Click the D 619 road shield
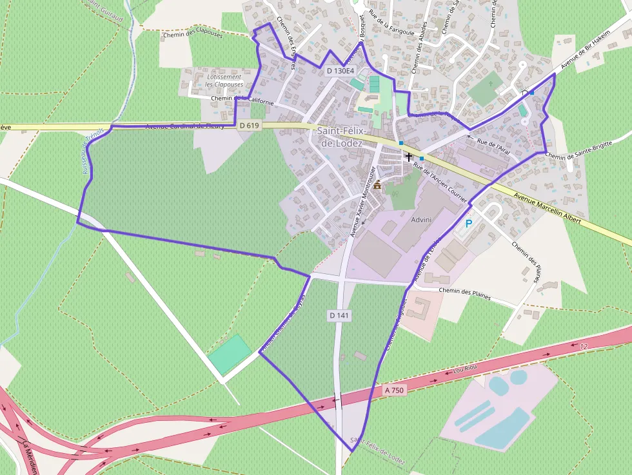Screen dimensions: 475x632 [249, 126]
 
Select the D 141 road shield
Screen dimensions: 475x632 [339, 315]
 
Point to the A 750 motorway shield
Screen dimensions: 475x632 [395, 390]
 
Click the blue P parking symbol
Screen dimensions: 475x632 [469, 224]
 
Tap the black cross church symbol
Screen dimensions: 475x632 [408, 156]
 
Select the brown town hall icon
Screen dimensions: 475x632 [377, 185]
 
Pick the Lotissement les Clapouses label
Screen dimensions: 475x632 [224, 81]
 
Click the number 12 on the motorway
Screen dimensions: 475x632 [584, 347]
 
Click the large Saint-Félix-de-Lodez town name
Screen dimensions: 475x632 [339, 137]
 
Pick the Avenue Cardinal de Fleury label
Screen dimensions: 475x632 [185, 126]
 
